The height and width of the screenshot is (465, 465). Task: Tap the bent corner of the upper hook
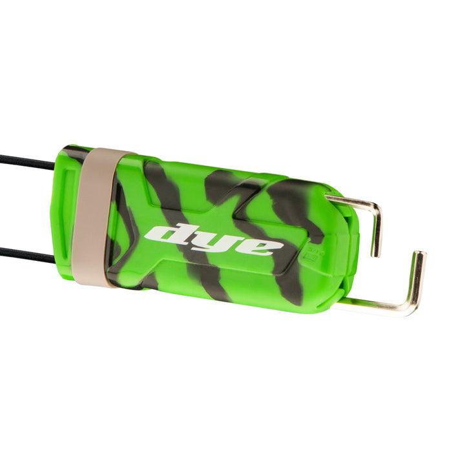(x=377, y=209)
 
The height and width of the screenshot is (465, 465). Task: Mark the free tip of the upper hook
(x=374, y=253)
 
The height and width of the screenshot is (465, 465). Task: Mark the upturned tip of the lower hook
(x=421, y=255)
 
